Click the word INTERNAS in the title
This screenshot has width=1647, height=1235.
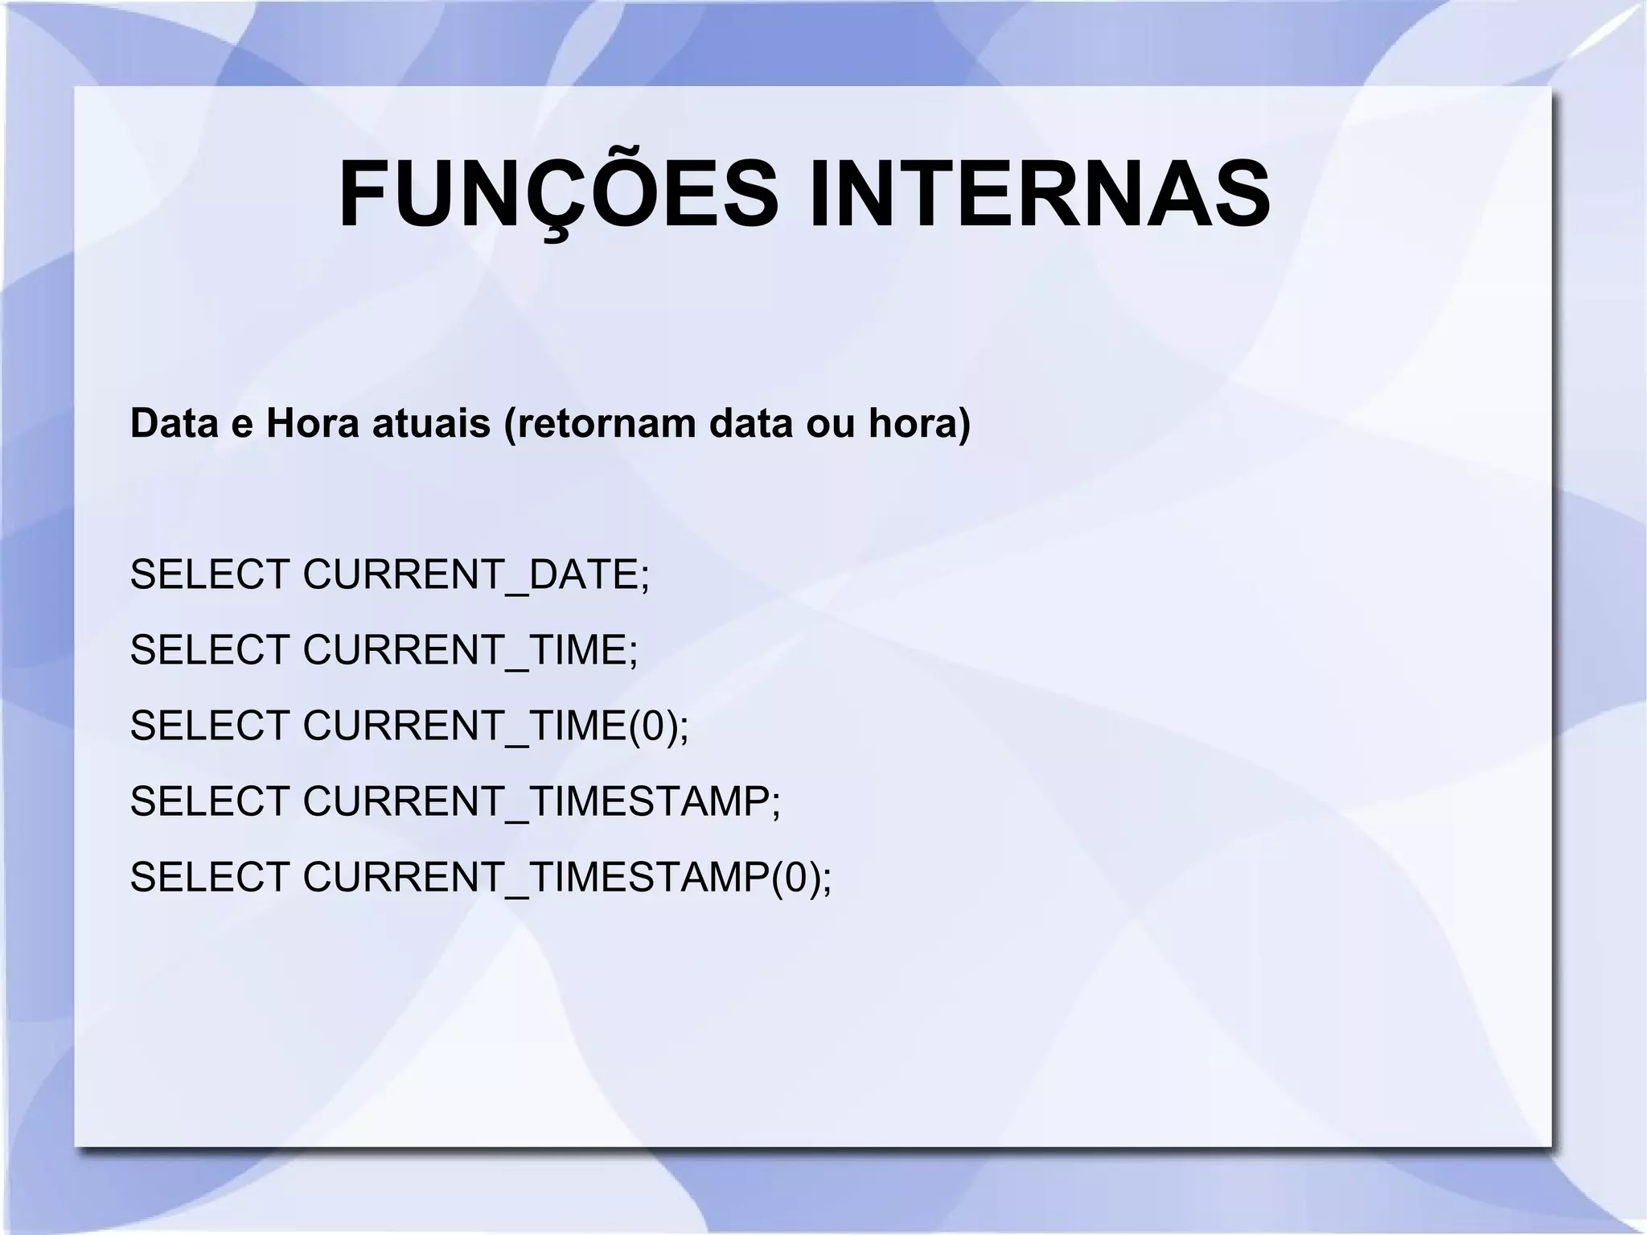(1039, 196)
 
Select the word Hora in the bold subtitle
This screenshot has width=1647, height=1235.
(312, 423)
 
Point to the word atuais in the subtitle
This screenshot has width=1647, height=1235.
(431, 423)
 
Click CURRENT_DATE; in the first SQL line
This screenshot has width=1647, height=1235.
(475, 574)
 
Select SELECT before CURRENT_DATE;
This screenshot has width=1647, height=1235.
(209, 574)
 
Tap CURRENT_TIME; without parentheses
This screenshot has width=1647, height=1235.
(470, 649)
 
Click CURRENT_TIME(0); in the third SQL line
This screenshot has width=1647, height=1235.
(495, 725)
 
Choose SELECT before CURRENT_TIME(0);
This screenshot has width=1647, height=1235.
(209, 725)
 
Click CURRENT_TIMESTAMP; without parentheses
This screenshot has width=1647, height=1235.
(541, 801)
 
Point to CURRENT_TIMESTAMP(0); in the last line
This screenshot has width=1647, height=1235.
(567, 876)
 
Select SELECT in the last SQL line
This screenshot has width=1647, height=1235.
(209, 876)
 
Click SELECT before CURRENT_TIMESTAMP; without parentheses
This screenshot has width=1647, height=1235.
(209, 801)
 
